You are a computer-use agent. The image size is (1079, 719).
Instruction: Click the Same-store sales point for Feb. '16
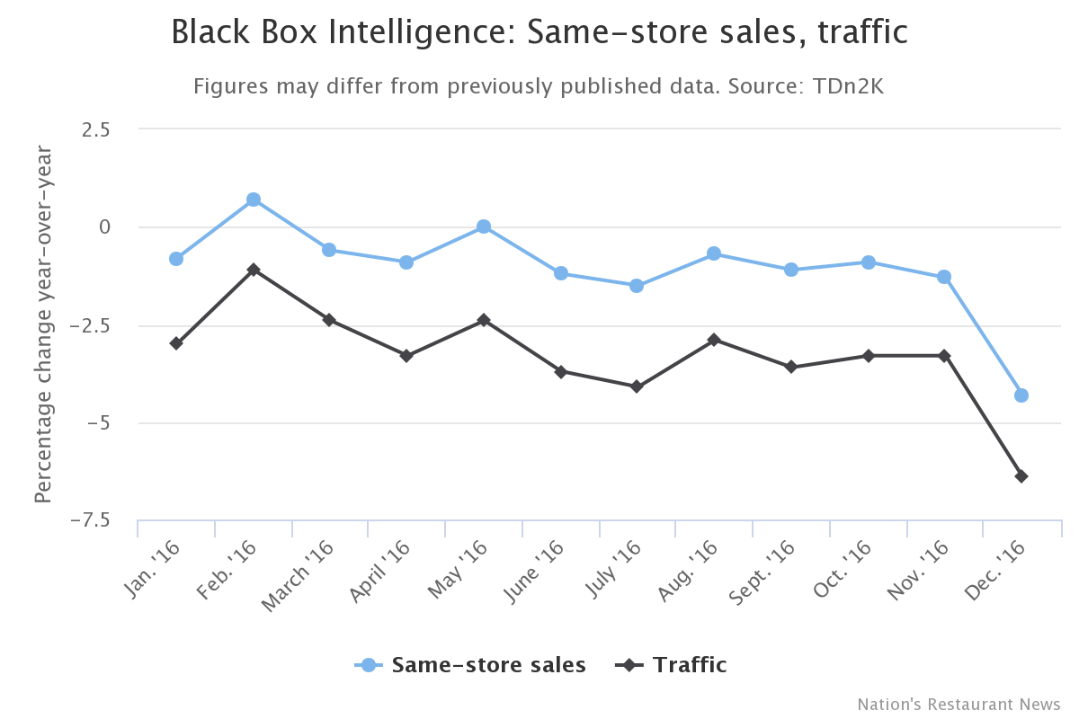(x=254, y=200)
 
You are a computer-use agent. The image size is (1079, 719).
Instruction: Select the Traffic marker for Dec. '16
(x=1021, y=476)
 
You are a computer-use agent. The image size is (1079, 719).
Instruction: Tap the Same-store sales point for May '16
(x=484, y=226)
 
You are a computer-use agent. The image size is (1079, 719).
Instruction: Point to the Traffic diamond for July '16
(x=637, y=386)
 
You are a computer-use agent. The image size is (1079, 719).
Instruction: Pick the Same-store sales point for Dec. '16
(x=1021, y=395)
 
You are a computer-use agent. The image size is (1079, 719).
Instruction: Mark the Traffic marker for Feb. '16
(x=254, y=270)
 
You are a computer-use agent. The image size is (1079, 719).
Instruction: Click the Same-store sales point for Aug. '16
(x=714, y=253)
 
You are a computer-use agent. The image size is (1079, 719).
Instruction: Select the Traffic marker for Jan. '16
(x=176, y=343)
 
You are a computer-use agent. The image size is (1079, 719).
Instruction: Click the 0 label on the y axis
(x=104, y=226)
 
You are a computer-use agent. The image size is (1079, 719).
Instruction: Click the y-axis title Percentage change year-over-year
(x=43, y=324)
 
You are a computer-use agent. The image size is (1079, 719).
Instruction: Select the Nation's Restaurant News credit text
(x=959, y=704)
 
